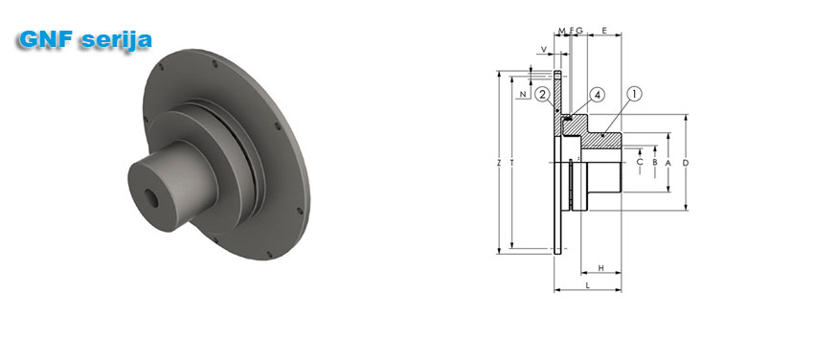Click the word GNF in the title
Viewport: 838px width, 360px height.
pos(45,39)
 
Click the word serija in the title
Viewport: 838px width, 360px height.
pos(117,40)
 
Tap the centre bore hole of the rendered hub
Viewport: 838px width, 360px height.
pos(151,199)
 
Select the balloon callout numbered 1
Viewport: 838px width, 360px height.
pos(634,95)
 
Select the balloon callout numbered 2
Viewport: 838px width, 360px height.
pos(542,95)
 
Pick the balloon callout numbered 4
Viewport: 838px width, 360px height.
pos(597,95)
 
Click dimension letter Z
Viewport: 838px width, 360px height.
pos(499,163)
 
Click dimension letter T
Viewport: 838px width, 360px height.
pos(511,163)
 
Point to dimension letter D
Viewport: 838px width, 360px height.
pos(686,163)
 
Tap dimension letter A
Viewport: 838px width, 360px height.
pos(668,163)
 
